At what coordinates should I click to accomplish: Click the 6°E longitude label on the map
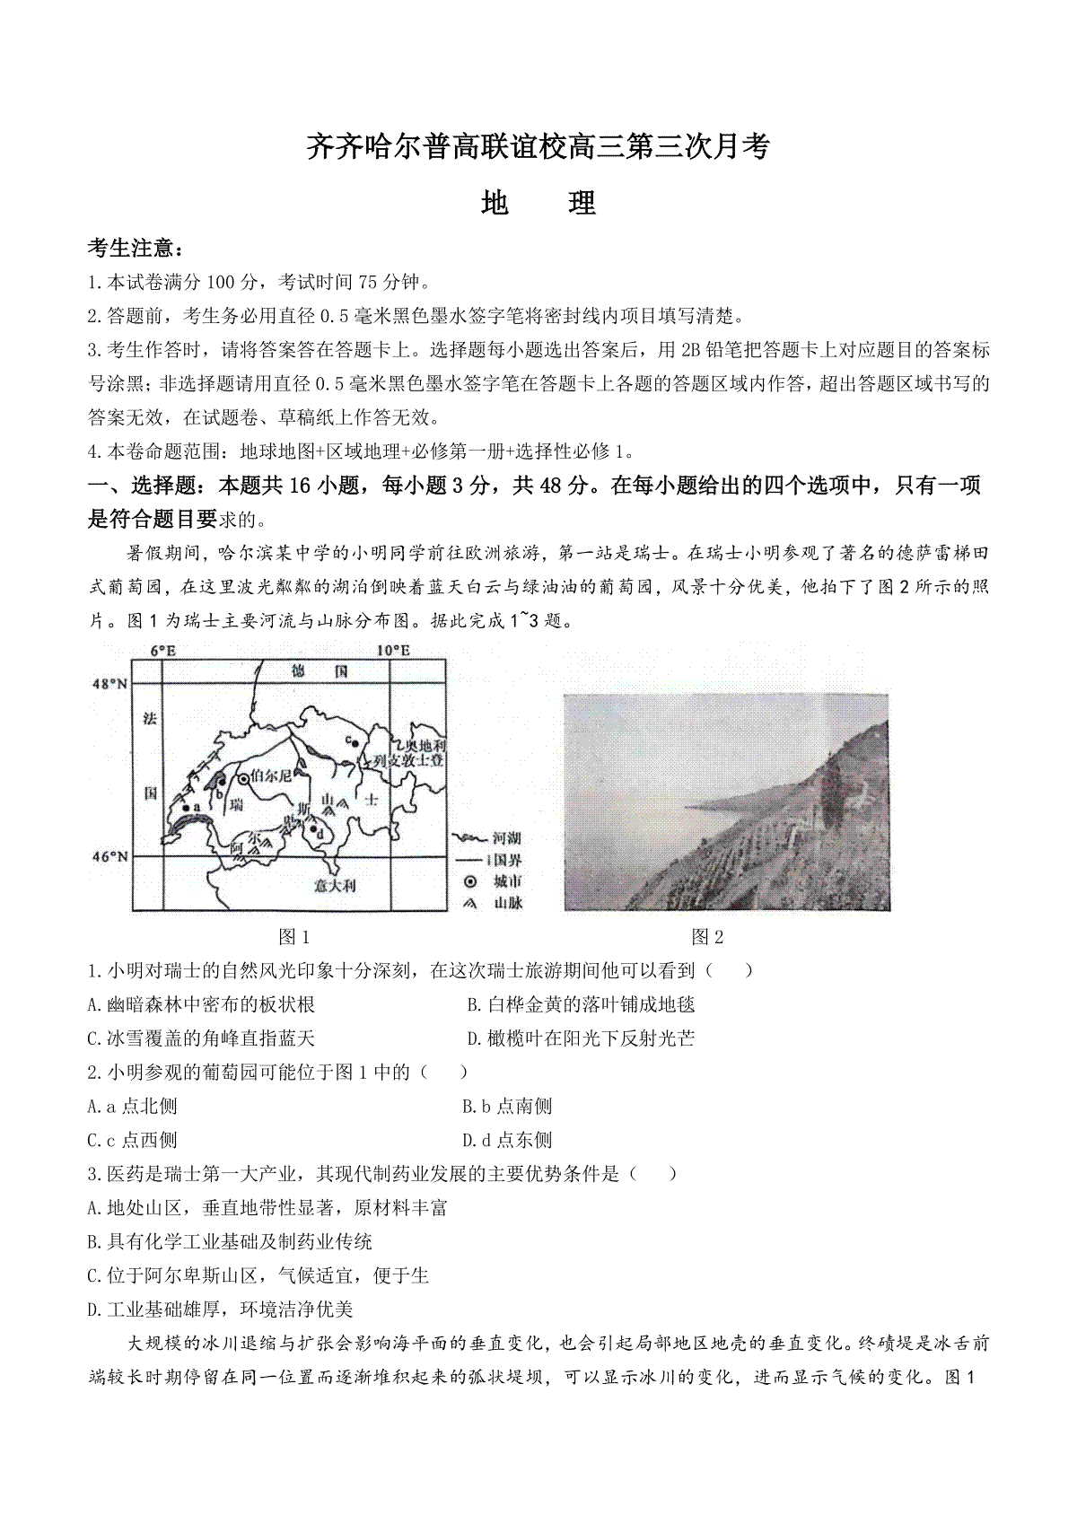coord(162,650)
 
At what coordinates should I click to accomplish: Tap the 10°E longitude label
coord(392,650)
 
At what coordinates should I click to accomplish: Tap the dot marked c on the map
coord(355,743)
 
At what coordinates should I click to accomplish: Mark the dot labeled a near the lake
coord(186,807)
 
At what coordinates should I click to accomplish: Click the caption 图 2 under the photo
coord(707,937)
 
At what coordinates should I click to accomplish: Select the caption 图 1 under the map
coord(294,937)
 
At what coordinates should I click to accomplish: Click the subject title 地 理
coord(538,204)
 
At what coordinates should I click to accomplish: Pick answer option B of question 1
coord(582,1004)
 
